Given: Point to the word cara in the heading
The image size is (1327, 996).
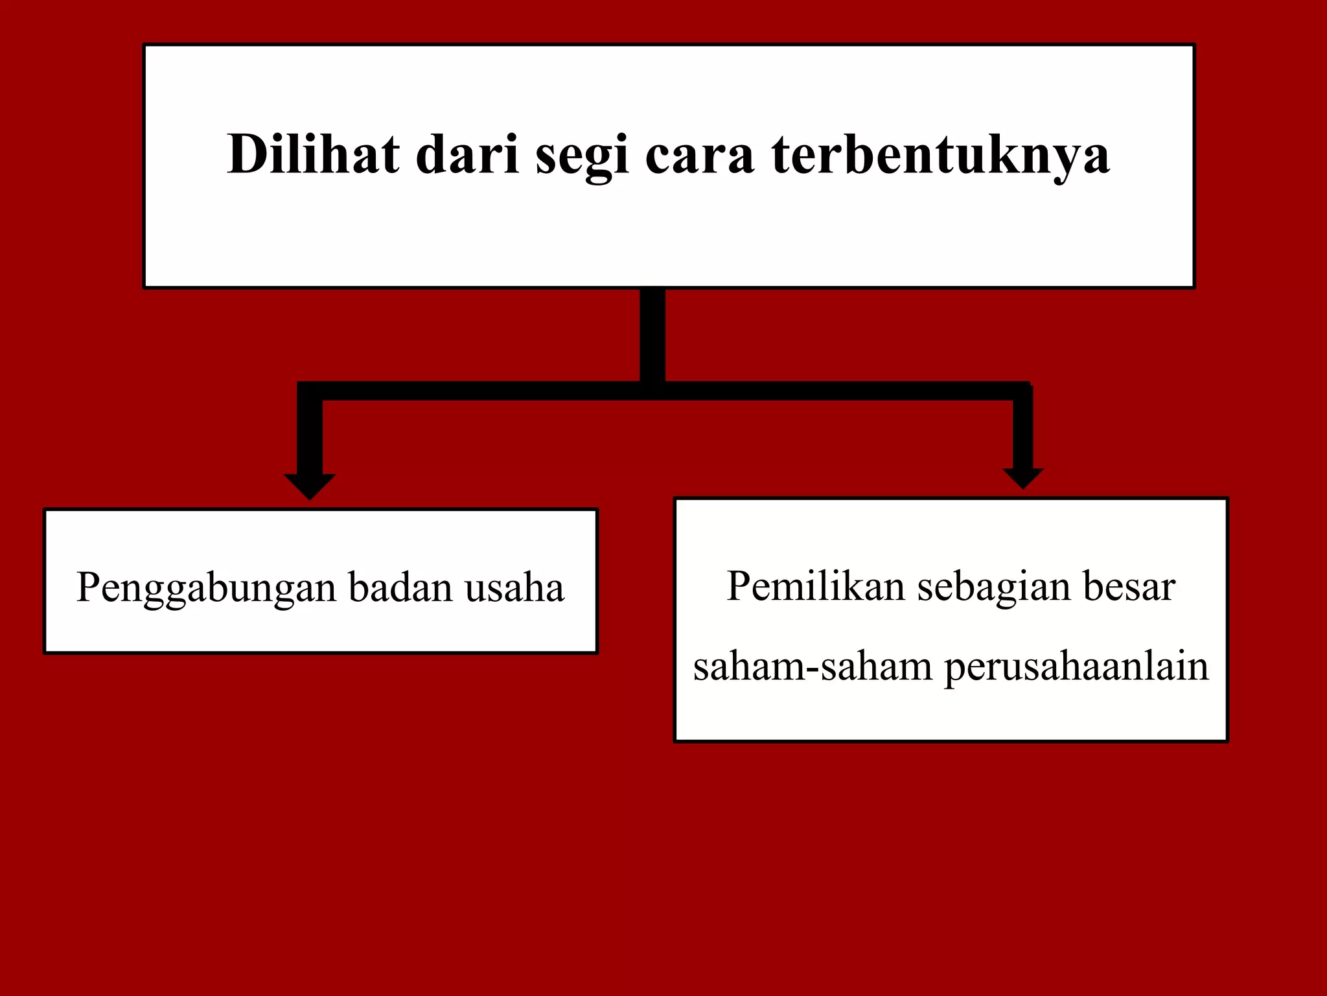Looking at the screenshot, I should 700,156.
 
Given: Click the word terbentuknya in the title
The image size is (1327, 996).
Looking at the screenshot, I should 940,156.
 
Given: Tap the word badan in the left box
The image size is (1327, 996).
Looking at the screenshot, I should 400,587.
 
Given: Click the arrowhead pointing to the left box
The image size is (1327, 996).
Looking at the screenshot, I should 310,486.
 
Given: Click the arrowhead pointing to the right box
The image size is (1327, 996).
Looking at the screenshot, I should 1022,478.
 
